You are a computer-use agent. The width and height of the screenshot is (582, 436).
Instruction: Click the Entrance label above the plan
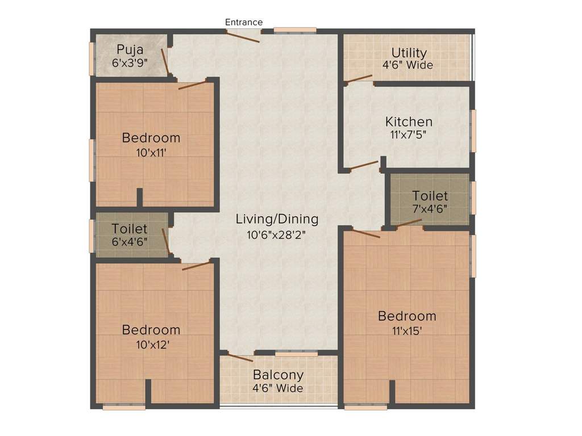coord(244,22)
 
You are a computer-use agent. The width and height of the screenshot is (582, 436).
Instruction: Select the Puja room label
coord(130,50)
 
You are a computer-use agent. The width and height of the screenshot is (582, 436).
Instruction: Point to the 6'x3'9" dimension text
coord(130,62)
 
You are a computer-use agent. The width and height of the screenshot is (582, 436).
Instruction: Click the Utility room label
coord(409,53)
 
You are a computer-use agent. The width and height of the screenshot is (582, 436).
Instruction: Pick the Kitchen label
coord(409,121)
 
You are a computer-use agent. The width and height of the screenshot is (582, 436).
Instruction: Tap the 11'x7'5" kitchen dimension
coord(408,134)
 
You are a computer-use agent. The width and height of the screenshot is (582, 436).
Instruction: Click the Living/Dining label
coord(277,219)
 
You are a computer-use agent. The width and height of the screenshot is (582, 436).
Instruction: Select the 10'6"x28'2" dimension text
coord(276,234)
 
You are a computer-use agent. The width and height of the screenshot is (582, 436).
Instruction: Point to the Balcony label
coord(278,375)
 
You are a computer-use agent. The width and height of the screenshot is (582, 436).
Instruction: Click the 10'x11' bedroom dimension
coord(151,152)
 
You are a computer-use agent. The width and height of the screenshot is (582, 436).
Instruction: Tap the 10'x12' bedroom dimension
coord(152,345)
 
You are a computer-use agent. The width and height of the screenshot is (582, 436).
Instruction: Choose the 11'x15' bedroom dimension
coord(407,331)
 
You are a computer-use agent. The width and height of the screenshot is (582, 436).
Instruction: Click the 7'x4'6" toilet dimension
coord(430,209)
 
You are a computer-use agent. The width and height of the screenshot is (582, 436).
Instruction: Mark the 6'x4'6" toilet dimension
coord(130,242)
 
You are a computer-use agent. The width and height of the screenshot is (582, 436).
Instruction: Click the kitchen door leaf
coord(364,165)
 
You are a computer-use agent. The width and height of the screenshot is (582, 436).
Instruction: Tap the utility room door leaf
coord(358,78)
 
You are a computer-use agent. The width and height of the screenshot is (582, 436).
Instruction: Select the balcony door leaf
coord(240,358)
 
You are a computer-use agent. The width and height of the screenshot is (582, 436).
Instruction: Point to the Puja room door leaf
coord(165,61)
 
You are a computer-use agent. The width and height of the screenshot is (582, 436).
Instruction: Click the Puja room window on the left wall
coord(92,59)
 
